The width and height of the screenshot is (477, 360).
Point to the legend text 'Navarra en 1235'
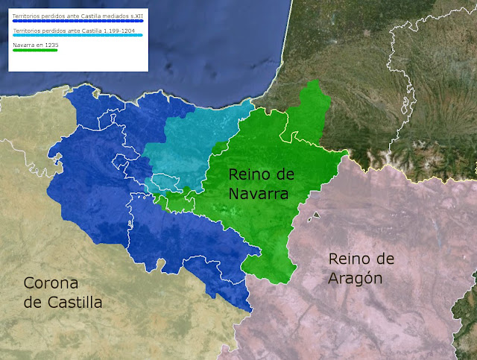(35, 45)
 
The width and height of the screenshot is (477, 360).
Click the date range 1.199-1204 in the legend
(103, 31)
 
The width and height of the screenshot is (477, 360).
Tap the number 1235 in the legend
(51, 45)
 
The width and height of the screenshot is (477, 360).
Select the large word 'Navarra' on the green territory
(258, 194)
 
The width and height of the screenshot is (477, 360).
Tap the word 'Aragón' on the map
(356, 278)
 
